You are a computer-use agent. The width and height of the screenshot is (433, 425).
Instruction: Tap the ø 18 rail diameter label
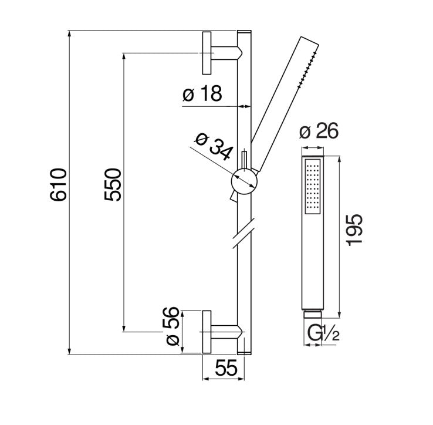[202, 95]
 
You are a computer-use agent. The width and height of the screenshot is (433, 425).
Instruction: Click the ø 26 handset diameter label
[319, 132]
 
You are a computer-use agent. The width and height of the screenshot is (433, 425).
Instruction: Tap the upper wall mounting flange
[207, 52]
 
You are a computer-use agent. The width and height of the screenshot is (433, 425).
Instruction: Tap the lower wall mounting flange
[207, 332]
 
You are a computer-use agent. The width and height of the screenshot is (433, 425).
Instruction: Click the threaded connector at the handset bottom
[312, 313]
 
